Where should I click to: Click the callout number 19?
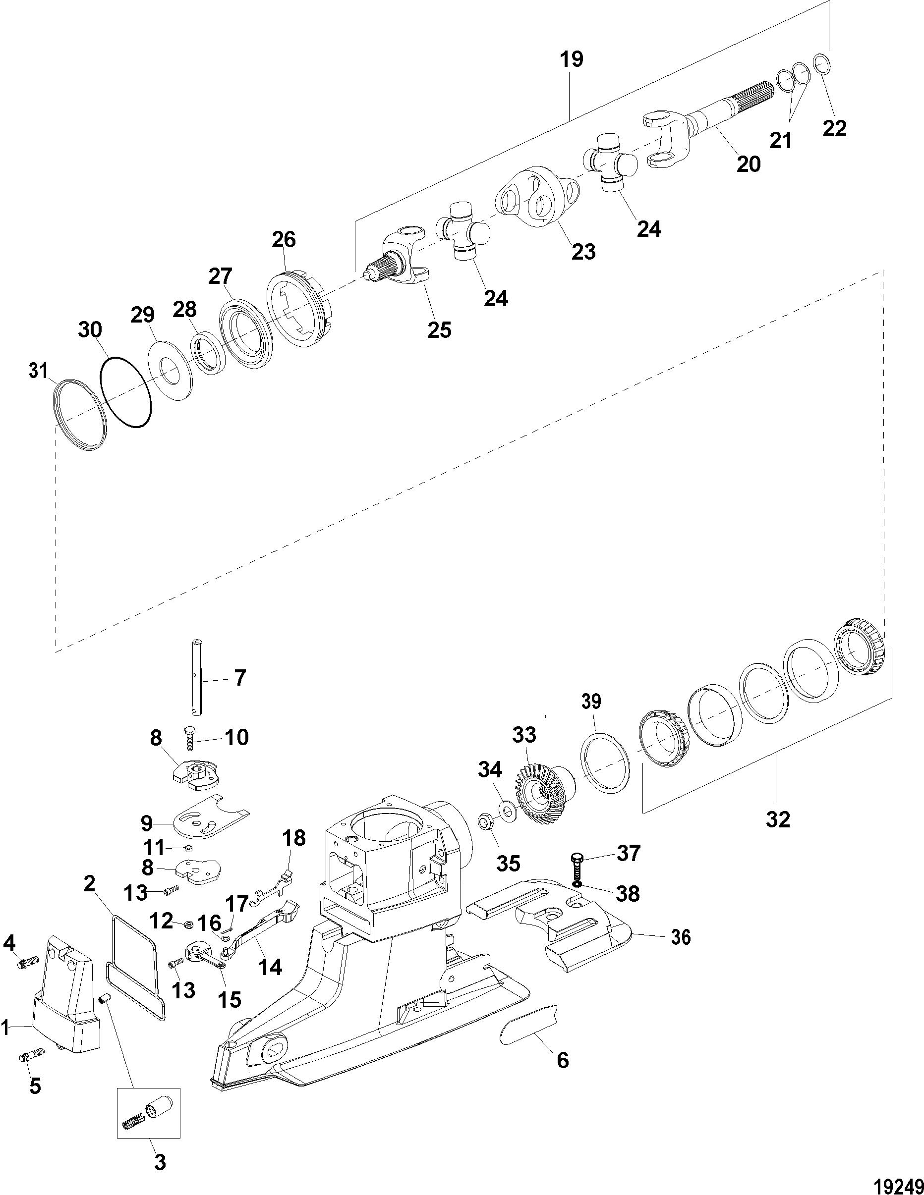click(x=571, y=59)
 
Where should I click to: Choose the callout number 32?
click(x=778, y=835)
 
